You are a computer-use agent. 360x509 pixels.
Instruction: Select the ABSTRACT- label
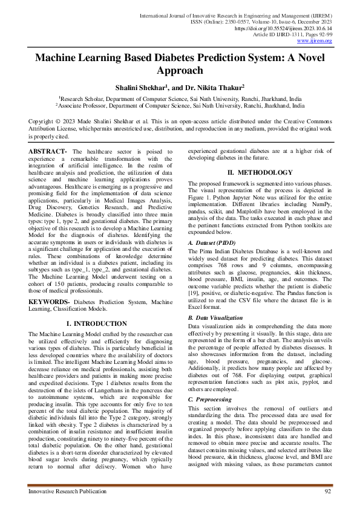pos(49,150)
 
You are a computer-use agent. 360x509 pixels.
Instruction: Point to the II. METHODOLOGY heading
pos(260,173)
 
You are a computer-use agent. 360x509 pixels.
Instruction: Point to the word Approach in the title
pos(180,71)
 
